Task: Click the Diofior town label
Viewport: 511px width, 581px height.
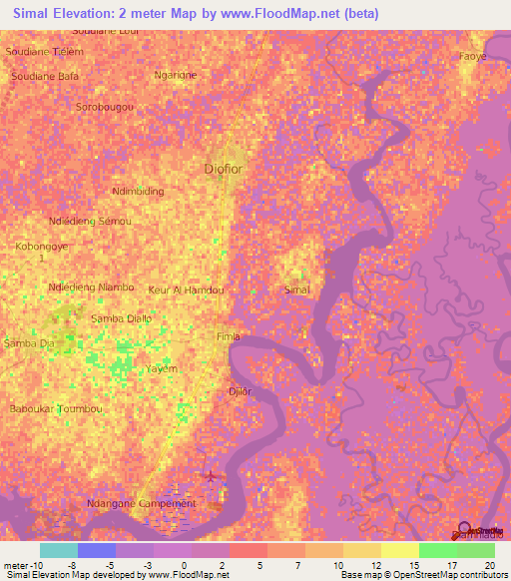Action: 223,168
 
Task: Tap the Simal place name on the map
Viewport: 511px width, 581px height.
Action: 297,290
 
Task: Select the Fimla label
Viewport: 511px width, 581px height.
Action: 229,337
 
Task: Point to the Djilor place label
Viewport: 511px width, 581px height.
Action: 239,391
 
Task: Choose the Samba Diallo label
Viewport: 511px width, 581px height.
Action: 122,318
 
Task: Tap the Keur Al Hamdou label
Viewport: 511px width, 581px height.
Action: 187,290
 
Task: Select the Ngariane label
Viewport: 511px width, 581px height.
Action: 176,75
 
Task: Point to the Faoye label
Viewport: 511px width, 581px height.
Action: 472,57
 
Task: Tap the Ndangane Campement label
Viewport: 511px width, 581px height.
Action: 142,504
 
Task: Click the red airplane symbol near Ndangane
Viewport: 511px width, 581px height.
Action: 210,474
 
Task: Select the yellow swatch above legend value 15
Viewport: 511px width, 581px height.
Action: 400,550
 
